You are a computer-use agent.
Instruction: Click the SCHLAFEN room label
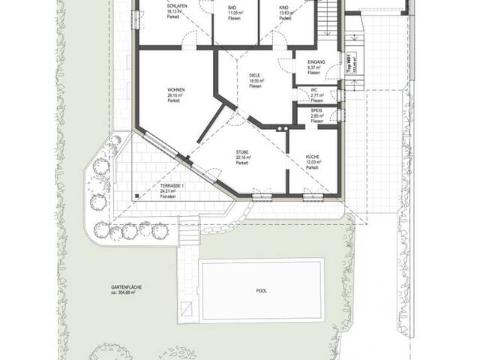tap(175, 5)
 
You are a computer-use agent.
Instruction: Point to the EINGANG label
tap(314, 62)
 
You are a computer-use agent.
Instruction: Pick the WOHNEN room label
tap(176, 90)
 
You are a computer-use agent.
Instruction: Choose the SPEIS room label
tap(316, 111)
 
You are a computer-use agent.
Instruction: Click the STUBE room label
tap(242, 151)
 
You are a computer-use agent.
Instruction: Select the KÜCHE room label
tap(313, 157)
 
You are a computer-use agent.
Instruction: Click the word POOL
tap(261, 290)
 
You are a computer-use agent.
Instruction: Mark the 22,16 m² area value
tap(241, 157)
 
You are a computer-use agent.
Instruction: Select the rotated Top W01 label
tap(351, 61)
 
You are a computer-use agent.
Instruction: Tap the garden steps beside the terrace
tap(190, 232)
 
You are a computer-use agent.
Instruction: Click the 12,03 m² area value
tap(313, 163)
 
